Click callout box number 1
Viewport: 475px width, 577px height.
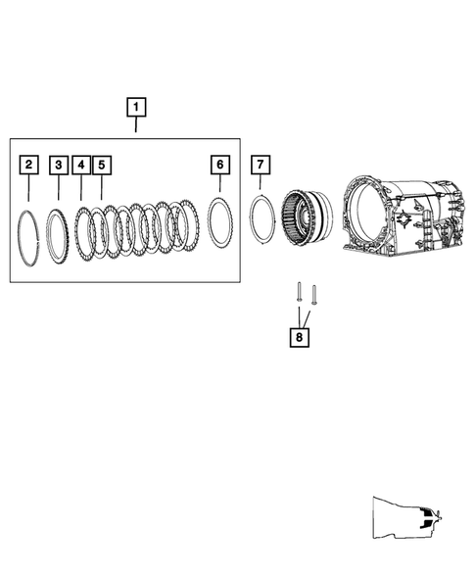click(x=135, y=106)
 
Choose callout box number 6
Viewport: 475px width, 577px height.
click(x=220, y=165)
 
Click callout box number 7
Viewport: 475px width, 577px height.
click(x=260, y=165)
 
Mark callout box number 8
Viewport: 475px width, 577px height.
click(x=298, y=337)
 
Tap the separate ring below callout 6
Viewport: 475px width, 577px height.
click(x=219, y=225)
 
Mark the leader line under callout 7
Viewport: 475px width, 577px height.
click(x=260, y=184)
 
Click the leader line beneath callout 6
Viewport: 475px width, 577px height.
click(x=220, y=183)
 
